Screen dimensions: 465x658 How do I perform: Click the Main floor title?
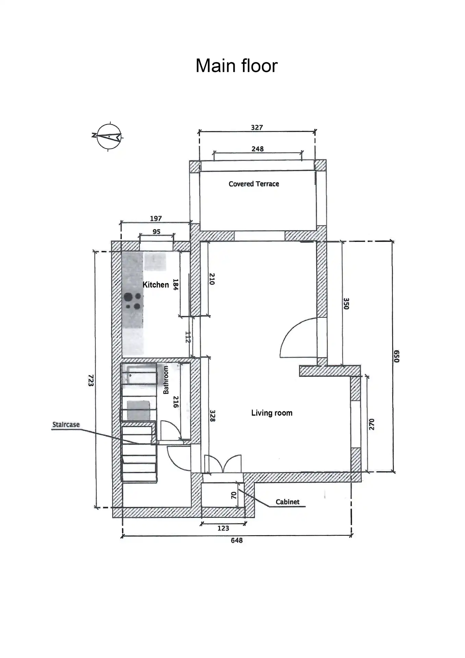click(236, 65)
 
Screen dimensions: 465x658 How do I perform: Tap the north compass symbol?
click(108, 136)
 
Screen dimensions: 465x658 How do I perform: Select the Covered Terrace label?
click(254, 184)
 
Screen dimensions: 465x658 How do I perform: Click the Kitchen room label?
click(156, 285)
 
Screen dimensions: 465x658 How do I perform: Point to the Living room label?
click(272, 413)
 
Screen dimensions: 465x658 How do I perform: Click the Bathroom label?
click(166, 380)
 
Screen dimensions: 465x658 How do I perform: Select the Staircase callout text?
click(66, 425)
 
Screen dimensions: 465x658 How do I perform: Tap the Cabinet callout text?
click(287, 502)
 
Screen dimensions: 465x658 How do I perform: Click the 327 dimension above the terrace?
click(257, 127)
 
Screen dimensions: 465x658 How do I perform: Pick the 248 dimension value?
click(257, 149)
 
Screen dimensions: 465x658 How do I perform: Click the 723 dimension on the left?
click(91, 380)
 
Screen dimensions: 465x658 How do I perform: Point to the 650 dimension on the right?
click(396, 356)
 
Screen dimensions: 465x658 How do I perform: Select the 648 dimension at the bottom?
click(236, 540)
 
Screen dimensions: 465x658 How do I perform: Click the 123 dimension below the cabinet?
click(223, 528)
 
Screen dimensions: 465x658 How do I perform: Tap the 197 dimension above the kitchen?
click(156, 219)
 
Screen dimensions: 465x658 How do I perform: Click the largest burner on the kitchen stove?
click(129, 297)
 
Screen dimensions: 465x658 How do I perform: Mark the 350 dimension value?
click(346, 304)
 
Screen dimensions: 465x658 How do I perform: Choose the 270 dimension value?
click(372, 424)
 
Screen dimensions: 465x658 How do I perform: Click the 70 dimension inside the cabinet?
click(234, 495)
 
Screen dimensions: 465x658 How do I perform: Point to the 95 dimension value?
click(156, 232)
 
